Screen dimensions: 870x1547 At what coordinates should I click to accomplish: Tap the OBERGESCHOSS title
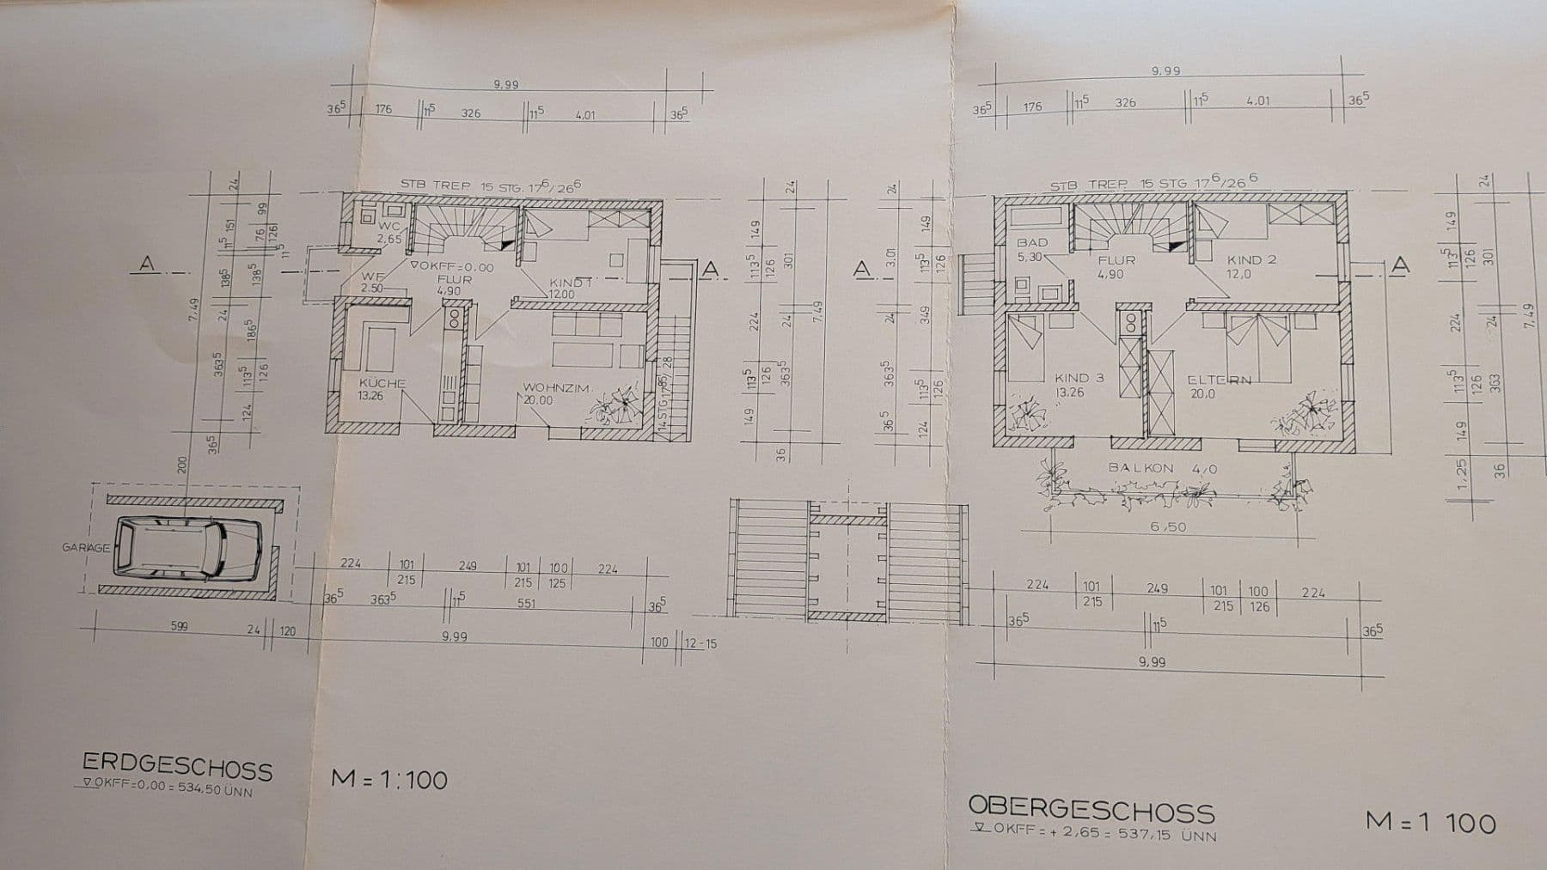[x=1091, y=808]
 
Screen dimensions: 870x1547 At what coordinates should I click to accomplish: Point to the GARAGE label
[x=86, y=547]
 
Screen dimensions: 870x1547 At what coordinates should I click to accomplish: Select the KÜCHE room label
[x=382, y=383]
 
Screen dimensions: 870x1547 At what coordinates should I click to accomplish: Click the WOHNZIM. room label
[x=556, y=388]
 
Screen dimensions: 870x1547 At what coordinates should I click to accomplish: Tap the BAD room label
[x=1031, y=243]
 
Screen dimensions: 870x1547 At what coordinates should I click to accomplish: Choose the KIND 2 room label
[x=1251, y=259]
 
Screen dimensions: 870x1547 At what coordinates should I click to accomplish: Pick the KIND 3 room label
[x=1079, y=377]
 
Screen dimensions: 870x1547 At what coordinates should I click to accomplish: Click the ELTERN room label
[x=1219, y=379]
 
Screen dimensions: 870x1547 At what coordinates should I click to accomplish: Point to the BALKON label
[x=1140, y=468]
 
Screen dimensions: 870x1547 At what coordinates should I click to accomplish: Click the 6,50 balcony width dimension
[x=1168, y=526]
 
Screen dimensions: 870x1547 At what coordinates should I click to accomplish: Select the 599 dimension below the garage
[x=179, y=626]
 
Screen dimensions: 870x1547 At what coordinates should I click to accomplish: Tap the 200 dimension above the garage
[x=181, y=465]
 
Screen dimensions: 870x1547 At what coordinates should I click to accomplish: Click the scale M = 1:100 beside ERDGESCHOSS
[x=389, y=779]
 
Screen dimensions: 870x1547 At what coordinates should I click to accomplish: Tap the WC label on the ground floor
[x=388, y=227]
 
